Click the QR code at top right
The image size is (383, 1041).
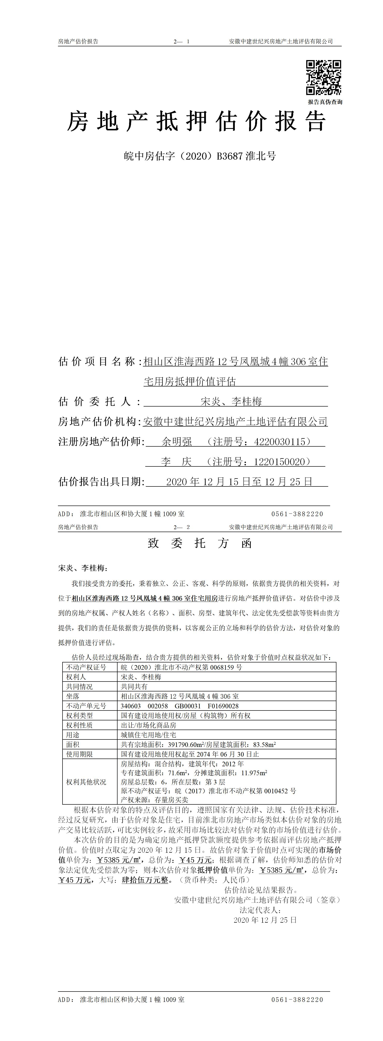tap(323, 77)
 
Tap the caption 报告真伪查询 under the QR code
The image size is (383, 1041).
tap(325, 102)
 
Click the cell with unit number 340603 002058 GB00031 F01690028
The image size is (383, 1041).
tap(179, 706)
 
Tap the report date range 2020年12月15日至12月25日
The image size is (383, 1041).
tap(239, 482)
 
